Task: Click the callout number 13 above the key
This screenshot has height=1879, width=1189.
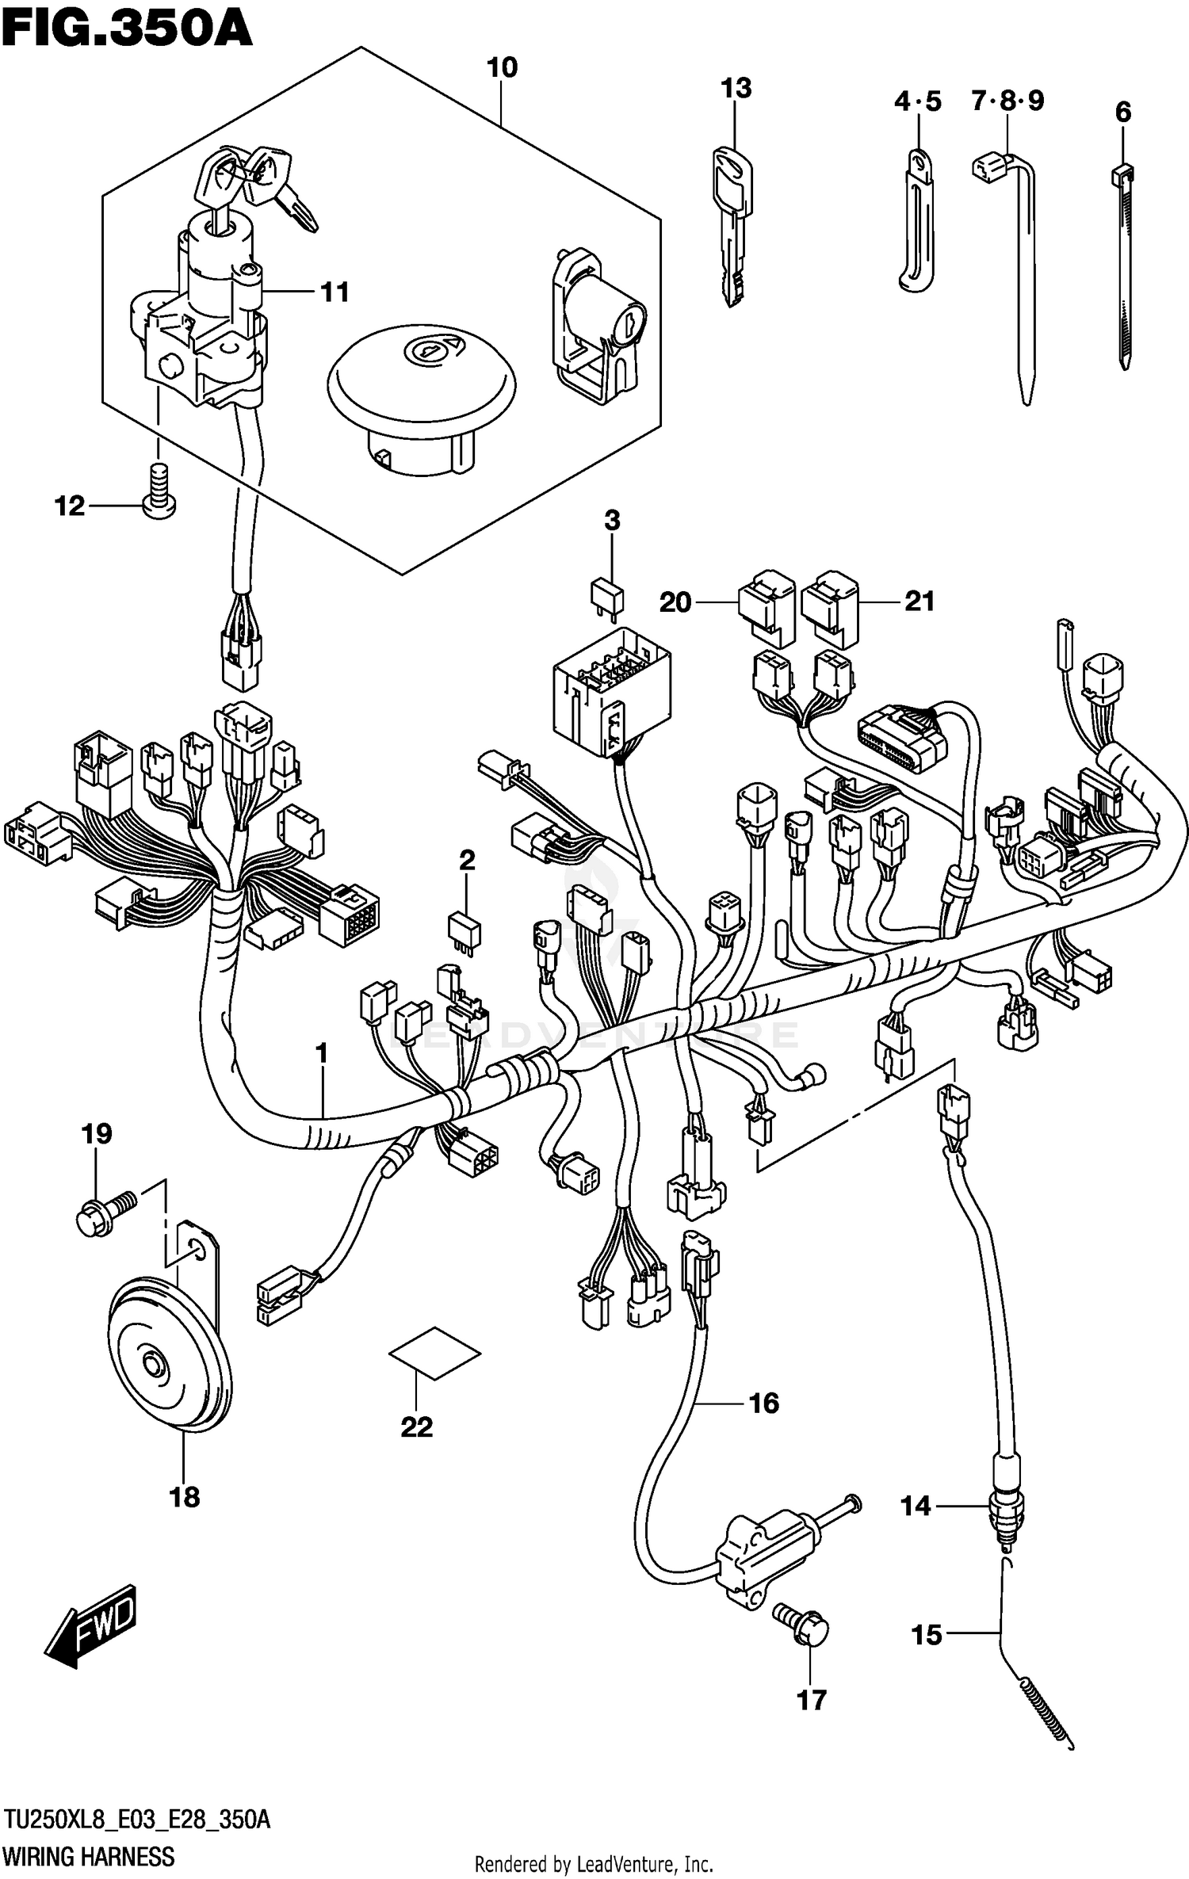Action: click(736, 88)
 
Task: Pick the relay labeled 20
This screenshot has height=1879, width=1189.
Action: click(767, 605)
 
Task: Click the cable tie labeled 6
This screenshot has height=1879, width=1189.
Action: click(1126, 269)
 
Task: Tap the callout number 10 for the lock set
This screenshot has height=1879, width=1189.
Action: click(502, 68)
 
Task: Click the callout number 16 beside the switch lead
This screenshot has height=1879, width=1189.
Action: click(763, 1404)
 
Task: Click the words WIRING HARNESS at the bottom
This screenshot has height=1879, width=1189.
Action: click(88, 1856)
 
